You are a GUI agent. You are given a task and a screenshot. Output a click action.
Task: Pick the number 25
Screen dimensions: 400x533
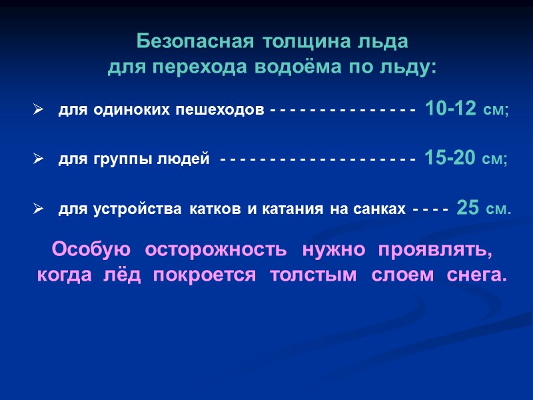468,208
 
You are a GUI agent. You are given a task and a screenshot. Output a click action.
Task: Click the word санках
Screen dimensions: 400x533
382,209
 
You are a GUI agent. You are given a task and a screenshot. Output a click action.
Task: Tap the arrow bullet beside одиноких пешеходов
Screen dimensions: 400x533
38,109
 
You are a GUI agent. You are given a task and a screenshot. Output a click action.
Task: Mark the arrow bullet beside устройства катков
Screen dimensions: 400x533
38,209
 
